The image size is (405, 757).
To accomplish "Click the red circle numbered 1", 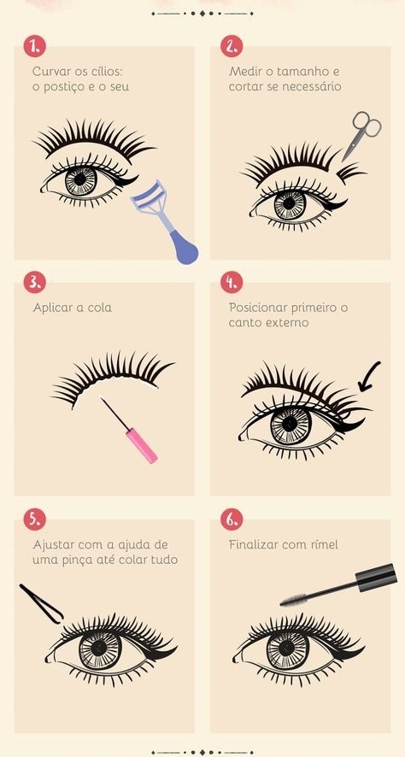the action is (35, 46).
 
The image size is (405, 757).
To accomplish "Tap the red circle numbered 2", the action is (232, 46).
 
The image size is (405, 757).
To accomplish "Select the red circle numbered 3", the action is (35, 283).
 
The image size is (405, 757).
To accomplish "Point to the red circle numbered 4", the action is (232, 283).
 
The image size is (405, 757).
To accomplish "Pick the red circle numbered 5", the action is (35, 519).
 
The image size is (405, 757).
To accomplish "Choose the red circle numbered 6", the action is (232, 519).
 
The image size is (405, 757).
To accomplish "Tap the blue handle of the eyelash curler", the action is (184, 247).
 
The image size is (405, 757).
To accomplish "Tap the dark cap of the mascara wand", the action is (377, 578).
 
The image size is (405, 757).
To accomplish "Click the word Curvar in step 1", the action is (49, 72).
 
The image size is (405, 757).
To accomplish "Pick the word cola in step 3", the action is (99, 308).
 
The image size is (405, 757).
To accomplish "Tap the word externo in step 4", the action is (287, 322).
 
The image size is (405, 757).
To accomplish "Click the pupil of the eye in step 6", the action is (286, 648).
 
